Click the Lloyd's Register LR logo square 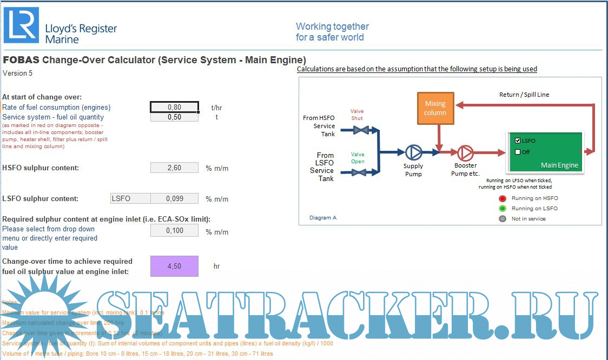(21, 25)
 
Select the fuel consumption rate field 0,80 (174, 107)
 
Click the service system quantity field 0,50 (174, 117)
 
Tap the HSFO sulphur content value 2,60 (174, 168)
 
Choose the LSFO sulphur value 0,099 (174, 198)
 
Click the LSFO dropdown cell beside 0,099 (130, 198)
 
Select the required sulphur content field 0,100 (174, 230)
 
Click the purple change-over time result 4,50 (174, 266)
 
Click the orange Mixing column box (435, 108)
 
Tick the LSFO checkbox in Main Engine (518, 141)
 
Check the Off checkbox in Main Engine (518, 152)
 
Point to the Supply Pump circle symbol (413, 153)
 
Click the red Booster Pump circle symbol (465, 153)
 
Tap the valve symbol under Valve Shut (357, 130)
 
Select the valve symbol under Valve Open (357, 172)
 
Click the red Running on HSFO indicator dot (503, 198)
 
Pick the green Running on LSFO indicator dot (503, 208)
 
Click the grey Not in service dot (503, 218)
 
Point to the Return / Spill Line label (524, 95)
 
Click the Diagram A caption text (323, 218)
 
